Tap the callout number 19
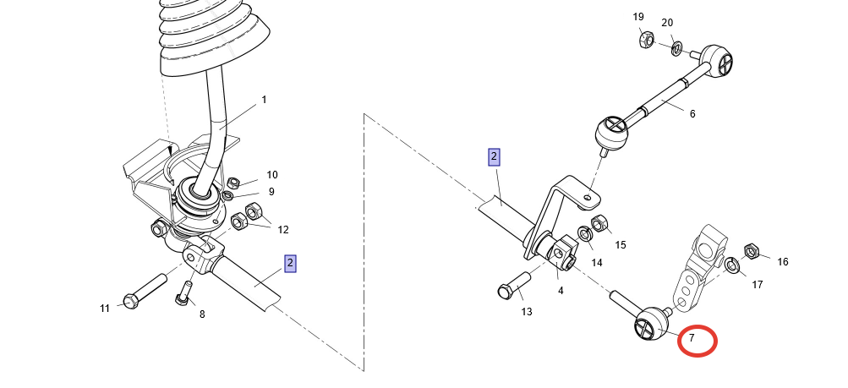[x=638, y=17]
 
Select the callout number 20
[x=667, y=23]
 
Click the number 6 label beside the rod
[x=692, y=114]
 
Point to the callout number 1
[x=264, y=100]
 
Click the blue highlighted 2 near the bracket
[x=494, y=157]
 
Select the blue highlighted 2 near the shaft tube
[x=291, y=264]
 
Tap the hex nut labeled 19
[x=646, y=39]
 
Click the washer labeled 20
[x=676, y=49]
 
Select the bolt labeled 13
[x=514, y=285]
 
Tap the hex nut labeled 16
[x=751, y=251]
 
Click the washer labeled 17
[x=731, y=265]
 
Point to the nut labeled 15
[x=599, y=222]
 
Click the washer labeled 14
[x=584, y=234]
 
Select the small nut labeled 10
[x=233, y=183]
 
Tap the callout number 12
[x=283, y=230]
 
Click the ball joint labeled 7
[x=651, y=325]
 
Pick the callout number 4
[x=561, y=291]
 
